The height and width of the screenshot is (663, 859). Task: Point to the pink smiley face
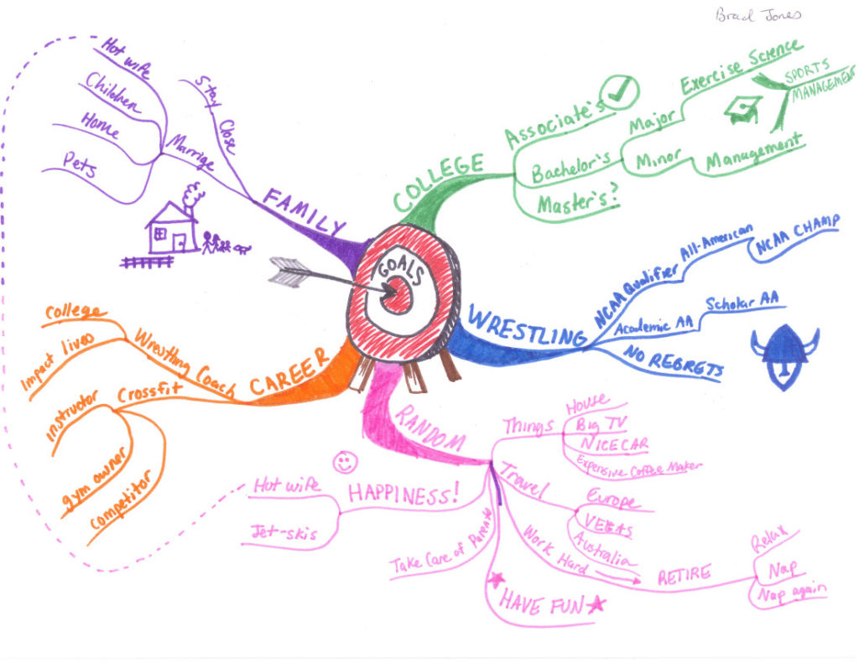(342, 461)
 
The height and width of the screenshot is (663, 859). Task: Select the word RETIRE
(684, 574)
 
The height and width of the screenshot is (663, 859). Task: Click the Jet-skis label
(279, 531)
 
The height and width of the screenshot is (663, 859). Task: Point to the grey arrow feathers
(289, 270)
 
